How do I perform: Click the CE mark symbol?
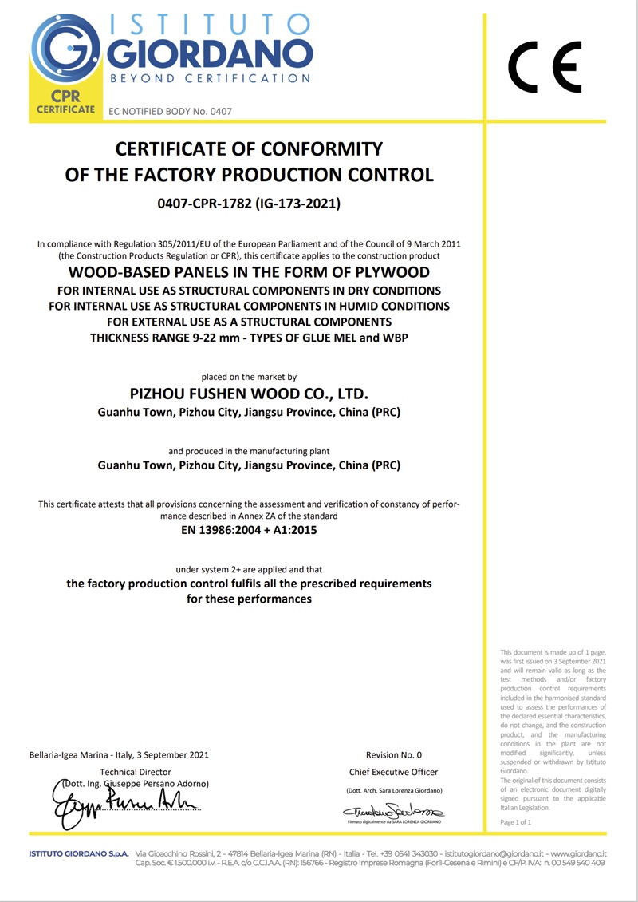click(x=545, y=67)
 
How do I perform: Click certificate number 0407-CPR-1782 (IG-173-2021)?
click(x=249, y=204)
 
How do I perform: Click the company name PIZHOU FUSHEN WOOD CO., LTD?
click(x=249, y=394)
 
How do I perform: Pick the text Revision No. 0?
click(x=394, y=754)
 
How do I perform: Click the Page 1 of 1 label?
click(x=515, y=821)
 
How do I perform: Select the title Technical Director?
click(x=136, y=772)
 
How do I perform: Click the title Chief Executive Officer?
click(x=394, y=772)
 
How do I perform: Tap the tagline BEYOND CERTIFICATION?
click(x=209, y=78)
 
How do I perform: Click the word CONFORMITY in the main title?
click(x=313, y=149)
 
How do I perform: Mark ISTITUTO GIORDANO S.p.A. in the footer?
click(x=79, y=853)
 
